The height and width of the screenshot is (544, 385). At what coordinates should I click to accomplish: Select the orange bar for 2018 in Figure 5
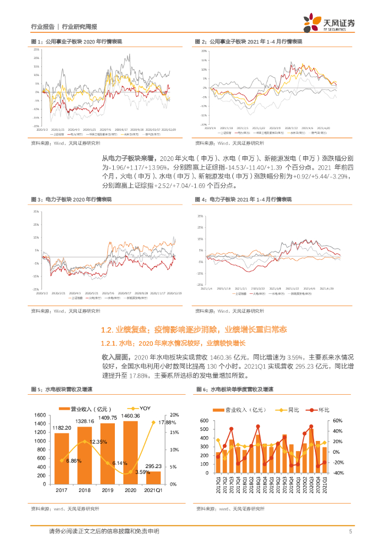(x=85, y=454)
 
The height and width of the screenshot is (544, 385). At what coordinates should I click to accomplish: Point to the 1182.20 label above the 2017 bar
(x=62, y=427)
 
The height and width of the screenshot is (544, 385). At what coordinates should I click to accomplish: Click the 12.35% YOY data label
(x=98, y=442)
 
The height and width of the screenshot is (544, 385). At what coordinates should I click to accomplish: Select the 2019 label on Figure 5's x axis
(x=108, y=491)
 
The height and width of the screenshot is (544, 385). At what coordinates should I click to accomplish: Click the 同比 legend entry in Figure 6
(x=288, y=410)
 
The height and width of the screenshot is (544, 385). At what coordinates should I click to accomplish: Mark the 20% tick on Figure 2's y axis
(x=204, y=52)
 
